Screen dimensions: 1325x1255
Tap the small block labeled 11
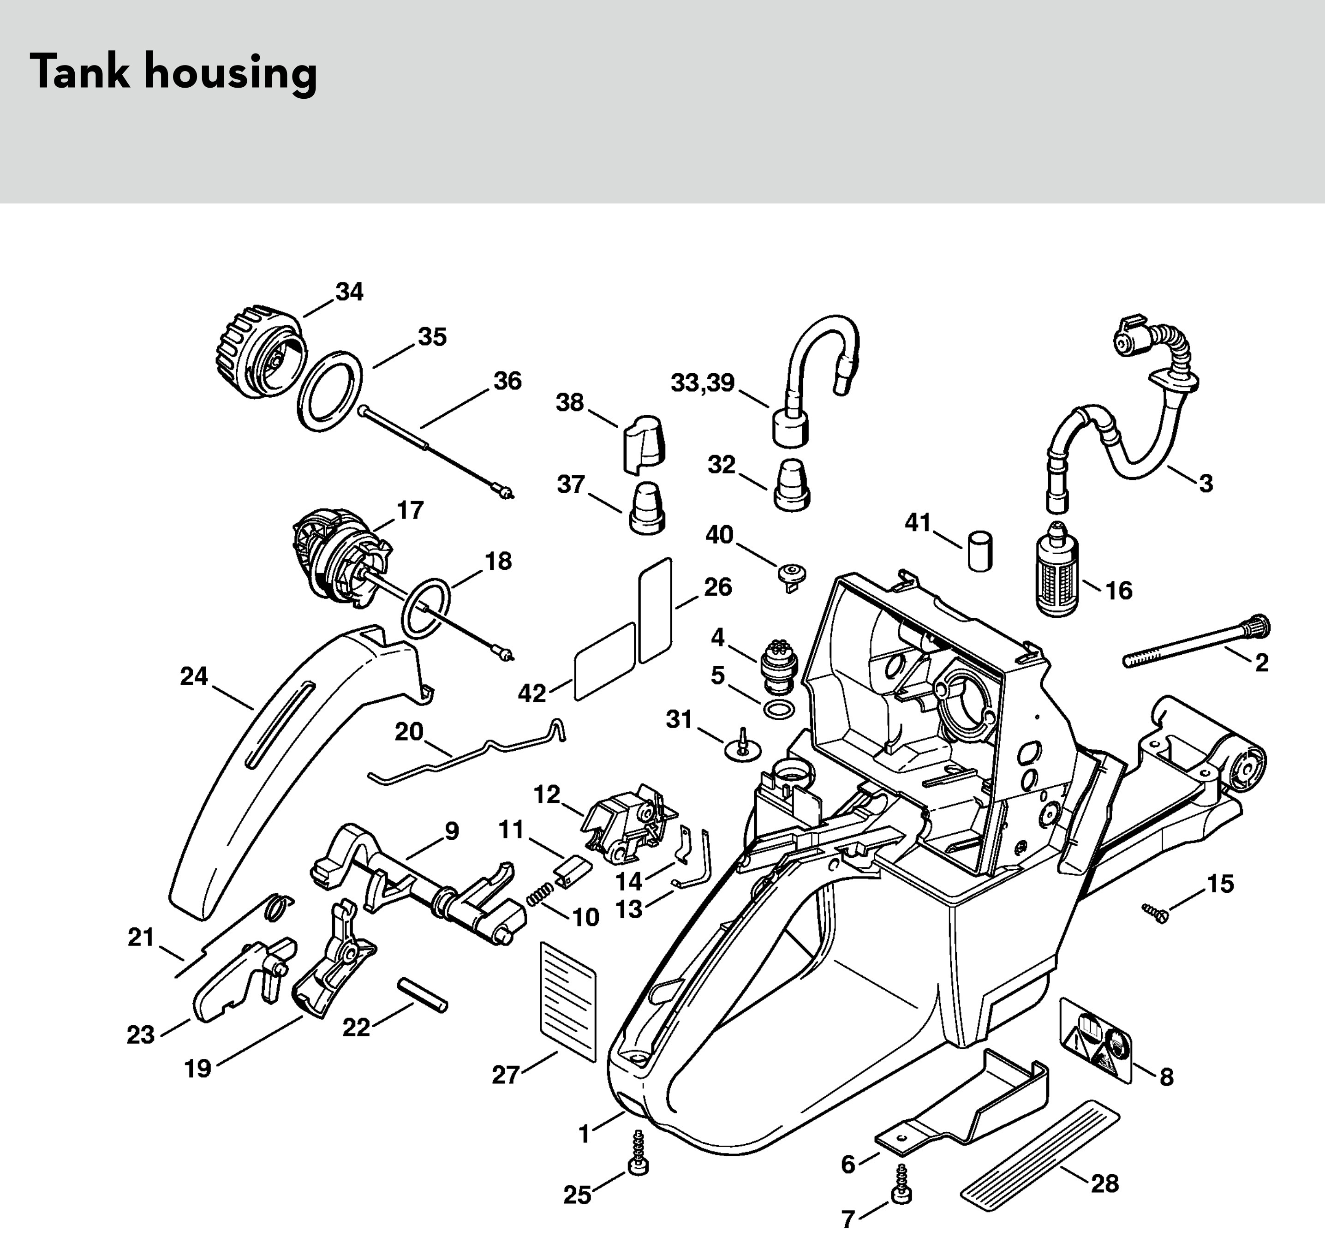[573, 873]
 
